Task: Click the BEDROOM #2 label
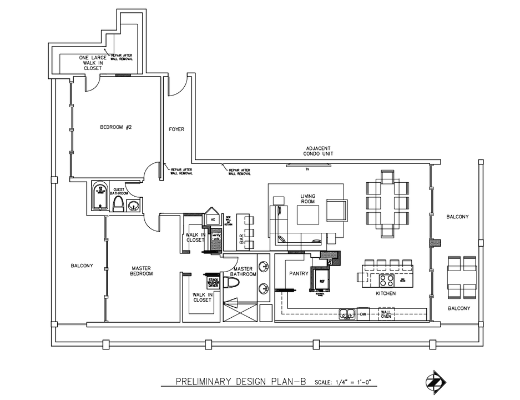tap(115, 127)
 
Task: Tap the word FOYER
tap(176, 129)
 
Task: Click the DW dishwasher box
tap(362, 314)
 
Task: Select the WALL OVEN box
tap(386, 314)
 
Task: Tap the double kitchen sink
tap(347, 315)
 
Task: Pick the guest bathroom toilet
tap(118, 204)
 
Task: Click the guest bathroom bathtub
tap(100, 196)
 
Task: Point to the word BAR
tap(242, 239)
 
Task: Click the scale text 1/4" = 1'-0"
tap(345, 382)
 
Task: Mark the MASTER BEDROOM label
tap(142, 271)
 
